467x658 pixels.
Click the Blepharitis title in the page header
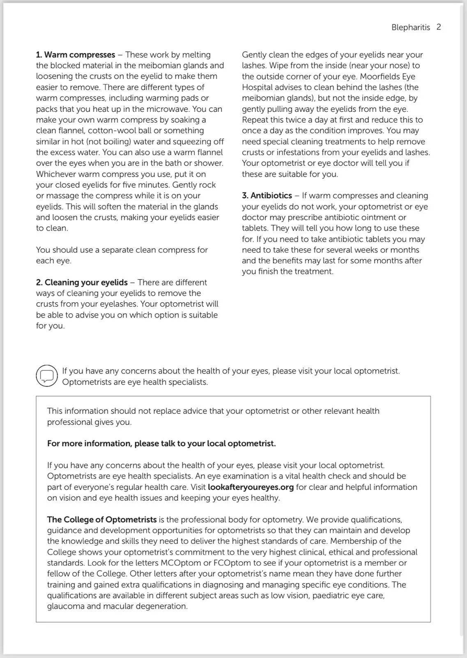pyautogui.click(x=410, y=28)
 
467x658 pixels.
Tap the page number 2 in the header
pyautogui.click(x=439, y=27)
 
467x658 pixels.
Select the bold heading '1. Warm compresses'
pyautogui.click(x=76, y=55)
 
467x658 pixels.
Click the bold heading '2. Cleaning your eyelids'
pyautogui.click(x=82, y=283)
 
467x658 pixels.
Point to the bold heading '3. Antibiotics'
pyautogui.click(x=267, y=196)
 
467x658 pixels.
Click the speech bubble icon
pyautogui.click(x=47, y=375)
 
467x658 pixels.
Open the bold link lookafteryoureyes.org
pyautogui.click(x=251, y=487)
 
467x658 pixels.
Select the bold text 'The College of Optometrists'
pyautogui.click(x=101, y=520)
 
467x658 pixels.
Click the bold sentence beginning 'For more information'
pyautogui.click(x=161, y=444)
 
